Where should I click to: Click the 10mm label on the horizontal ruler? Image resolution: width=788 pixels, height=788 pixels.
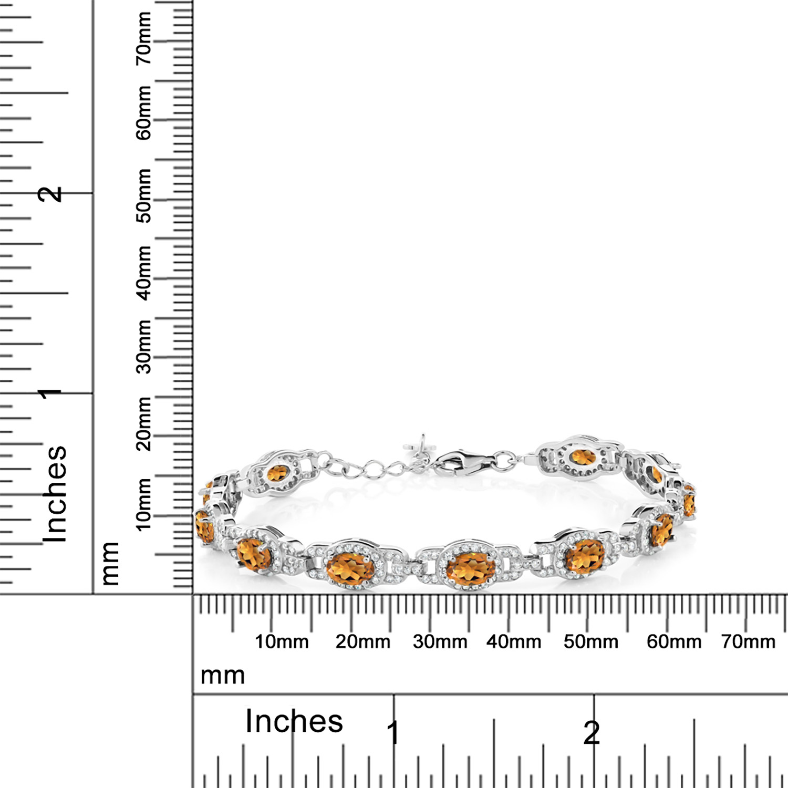[x=282, y=641]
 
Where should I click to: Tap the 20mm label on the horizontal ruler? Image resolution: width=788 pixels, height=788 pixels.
[x=363, y=641]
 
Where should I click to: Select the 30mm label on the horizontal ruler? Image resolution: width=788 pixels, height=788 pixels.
[x=440, y=641]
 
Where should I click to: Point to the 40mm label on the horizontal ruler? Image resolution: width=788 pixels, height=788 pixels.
[x=514, y=641]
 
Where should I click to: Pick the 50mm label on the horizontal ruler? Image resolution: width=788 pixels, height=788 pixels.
[x=591, y=641]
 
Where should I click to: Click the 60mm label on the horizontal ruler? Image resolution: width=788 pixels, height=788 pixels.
[x=674, y=641]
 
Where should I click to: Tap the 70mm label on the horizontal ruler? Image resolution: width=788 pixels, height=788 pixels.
[x=748, y=641]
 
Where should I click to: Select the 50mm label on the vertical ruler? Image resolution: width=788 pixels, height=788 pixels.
[x=143, y=195]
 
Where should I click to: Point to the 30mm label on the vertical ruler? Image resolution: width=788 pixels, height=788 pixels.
[x=143, y=346]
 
